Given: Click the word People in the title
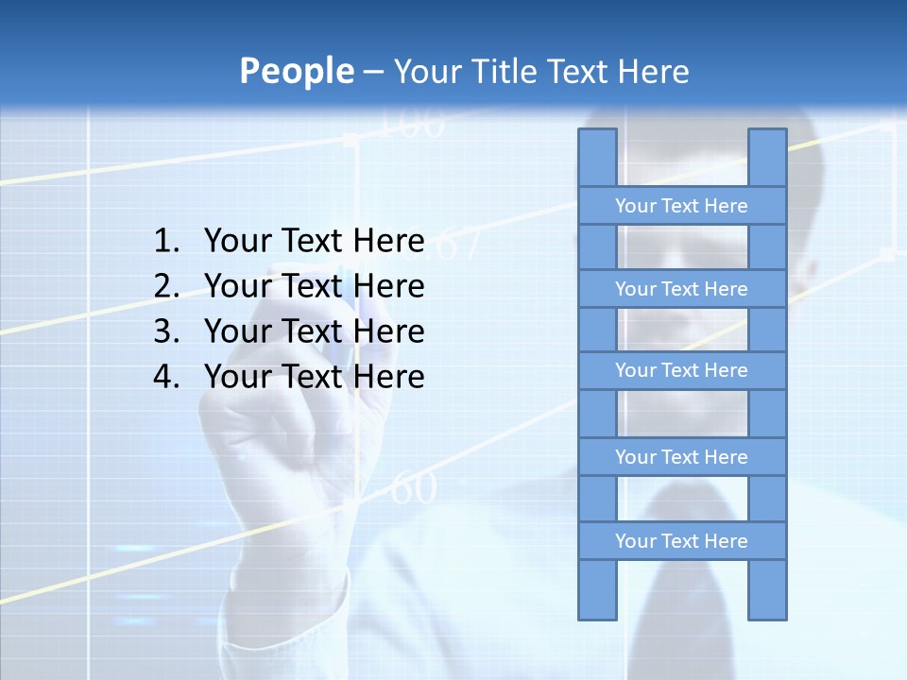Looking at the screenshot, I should [296, 71].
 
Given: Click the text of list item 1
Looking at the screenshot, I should [314, 241].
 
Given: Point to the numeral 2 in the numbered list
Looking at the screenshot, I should [165, 286].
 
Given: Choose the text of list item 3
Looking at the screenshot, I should [314, 331].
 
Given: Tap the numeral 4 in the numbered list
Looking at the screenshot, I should [165, 377].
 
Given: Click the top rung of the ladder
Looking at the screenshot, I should [681, 206].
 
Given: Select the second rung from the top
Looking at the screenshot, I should [681, 289].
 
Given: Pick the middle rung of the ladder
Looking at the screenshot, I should [681, 370].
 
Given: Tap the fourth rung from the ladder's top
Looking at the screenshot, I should [681, 457].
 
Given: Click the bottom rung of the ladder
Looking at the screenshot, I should [681, 541].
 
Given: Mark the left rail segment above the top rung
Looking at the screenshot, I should [597, 158].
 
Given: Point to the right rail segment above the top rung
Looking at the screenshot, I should [767, 158].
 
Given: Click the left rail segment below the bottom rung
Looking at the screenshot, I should [597, 590].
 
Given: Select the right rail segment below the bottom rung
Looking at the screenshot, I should [767, 590].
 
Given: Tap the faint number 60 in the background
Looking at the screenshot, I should [413, 489].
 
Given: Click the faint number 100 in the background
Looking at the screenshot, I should [411, 124].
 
